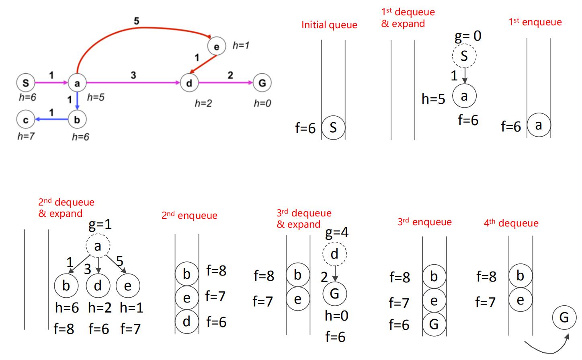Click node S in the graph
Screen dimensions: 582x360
coord(26,83)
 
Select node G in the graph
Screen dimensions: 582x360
coord(262,83)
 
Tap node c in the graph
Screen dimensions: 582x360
coord(26,119)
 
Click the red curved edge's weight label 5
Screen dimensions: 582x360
coord(136,21)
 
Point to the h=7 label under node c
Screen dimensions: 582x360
coord(26,136)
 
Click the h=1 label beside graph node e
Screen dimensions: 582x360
coord(241,45)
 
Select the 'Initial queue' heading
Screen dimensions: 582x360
coord(329,25)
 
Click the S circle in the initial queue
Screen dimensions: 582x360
coord(333,128)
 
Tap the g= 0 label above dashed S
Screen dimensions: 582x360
coord(468,36)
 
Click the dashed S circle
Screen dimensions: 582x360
coord(464,56)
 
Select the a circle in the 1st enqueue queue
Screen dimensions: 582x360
coord(539,125)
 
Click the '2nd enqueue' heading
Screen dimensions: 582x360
coord(189,216)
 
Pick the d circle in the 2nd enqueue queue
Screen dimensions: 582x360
coord(186,321)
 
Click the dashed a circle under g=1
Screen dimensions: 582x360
coord(98,246)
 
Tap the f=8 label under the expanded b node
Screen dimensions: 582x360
coord(64,329)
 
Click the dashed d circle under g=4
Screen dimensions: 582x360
coord(334,254)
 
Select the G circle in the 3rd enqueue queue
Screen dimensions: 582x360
coord(434,324)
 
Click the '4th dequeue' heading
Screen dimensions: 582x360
coord(511,223)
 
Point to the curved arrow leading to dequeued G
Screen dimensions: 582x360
coord(547,348)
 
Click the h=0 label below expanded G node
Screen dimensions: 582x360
coord(336,316)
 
